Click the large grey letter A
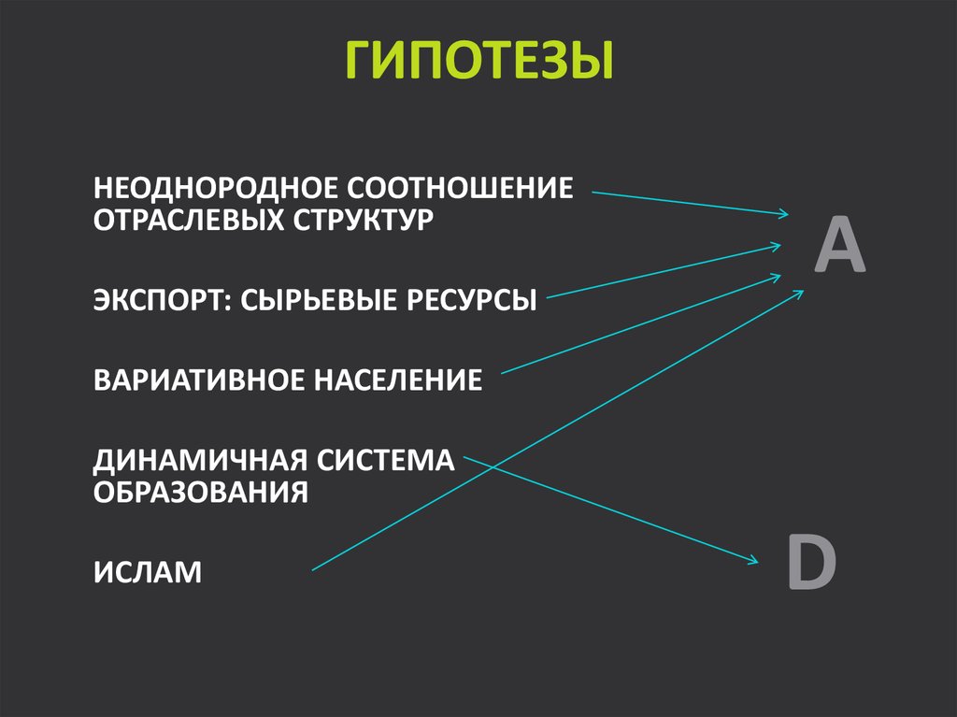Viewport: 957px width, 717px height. [x=838, y=244]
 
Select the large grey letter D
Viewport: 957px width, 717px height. [x=810, y=563]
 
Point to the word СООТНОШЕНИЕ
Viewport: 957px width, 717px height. [x=461, y=188]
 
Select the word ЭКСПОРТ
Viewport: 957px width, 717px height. [x=151, y=301]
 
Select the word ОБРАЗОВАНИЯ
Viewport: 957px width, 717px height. [x=200, y=493]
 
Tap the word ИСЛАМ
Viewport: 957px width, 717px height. [x=148, y=571]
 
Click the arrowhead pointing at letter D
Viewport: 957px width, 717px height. [x=752, y=561]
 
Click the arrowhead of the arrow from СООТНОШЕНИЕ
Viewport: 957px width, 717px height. [x=784, y=214]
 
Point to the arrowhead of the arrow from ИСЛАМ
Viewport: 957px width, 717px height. [x=799, y=293]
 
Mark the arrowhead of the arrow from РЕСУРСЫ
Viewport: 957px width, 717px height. [x=778, y=246]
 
